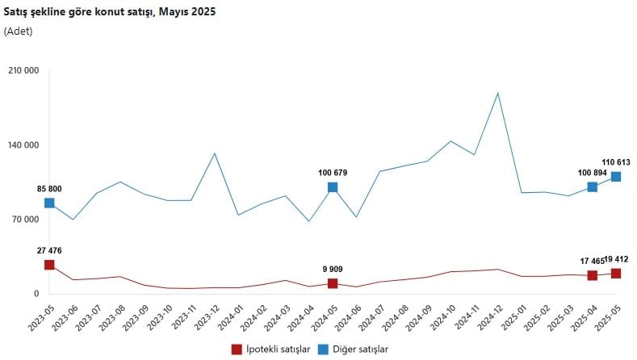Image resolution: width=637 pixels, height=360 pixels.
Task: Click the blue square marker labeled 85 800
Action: pyautogui.click(x=49, y=203)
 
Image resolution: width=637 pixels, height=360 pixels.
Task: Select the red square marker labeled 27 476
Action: pyautogui.click(x=49, y=265)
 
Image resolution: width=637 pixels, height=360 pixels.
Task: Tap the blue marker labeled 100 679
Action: pyautogui.click(x=333, y=187)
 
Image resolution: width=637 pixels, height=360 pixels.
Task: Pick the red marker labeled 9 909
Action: pyautogui.click(x=333, y=283)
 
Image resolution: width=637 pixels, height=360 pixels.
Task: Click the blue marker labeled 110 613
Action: pyautogui.click(x=616, y=177)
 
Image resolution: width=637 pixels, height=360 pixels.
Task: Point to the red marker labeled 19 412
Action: pyautogui.click(x=616, y=274)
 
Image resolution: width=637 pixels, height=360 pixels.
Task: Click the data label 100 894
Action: pyautogui.click(x=593, y=172)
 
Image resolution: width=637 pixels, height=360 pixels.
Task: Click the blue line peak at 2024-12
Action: pyautogui.click(x=498, y=93)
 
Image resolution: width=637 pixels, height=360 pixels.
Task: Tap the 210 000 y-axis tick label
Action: pyautogui.click(x=23, y=70)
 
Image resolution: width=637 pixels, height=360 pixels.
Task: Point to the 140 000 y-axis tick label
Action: pyautogui.click(x=23, y=145)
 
